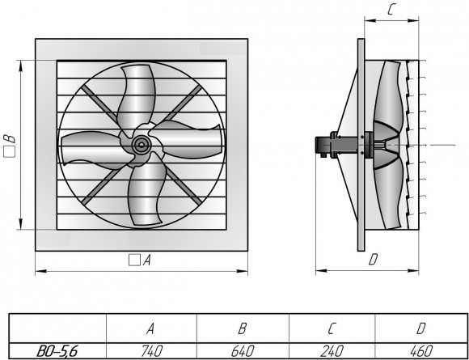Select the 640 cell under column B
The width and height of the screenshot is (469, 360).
tap(243, 351)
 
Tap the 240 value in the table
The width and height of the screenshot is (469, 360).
tap(332, 351)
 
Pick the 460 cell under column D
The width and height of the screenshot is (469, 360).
tap(420, 351)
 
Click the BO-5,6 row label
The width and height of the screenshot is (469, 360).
tap(57, 351)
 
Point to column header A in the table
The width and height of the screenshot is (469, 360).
tap(150, 329)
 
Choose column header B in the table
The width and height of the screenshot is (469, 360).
tap(243, 329)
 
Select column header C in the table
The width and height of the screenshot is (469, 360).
tap(332, 329)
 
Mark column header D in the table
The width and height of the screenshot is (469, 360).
tap(420, 329)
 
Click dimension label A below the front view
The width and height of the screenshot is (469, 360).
tap(146, 260)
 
